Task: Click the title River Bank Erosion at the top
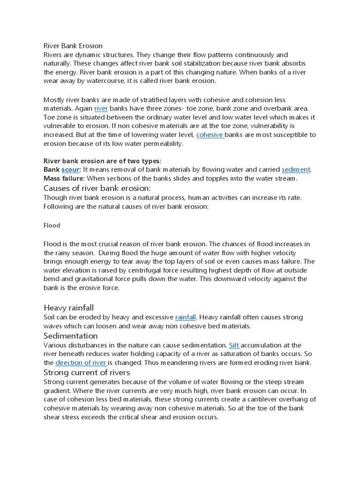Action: click(73, 46)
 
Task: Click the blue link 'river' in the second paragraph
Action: click(101, 108)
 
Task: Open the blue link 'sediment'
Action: click(296, 169)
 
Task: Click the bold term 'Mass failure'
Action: click(62, 178)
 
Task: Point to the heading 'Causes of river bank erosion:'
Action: click(97, 188)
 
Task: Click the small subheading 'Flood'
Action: click(52, 225)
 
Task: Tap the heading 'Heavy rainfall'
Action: click(68, 307)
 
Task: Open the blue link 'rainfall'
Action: click(185, 317)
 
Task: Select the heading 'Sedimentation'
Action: click(70, 336)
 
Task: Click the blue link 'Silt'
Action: click(234, 345)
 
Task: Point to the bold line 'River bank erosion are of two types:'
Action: click(102, 161)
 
